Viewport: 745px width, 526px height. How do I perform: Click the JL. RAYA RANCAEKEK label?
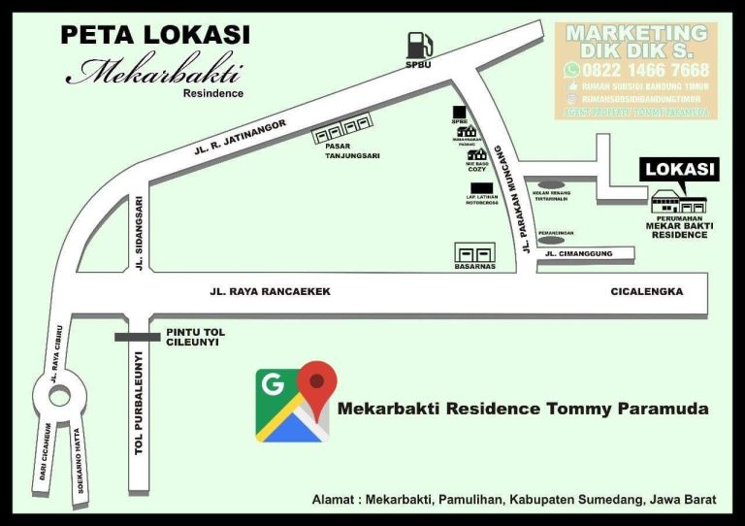coord(271,291)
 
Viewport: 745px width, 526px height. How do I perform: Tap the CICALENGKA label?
coord(647,291)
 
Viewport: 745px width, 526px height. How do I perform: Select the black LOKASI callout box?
coord(681,170)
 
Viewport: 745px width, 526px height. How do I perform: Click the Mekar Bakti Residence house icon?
coord(679,203)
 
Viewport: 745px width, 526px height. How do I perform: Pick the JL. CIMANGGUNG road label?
coord(579,254)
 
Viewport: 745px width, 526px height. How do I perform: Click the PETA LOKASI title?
coord(155,35)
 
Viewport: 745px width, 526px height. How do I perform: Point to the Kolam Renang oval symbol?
coord(551,183)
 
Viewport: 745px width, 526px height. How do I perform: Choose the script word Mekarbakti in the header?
coord(155,73)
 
